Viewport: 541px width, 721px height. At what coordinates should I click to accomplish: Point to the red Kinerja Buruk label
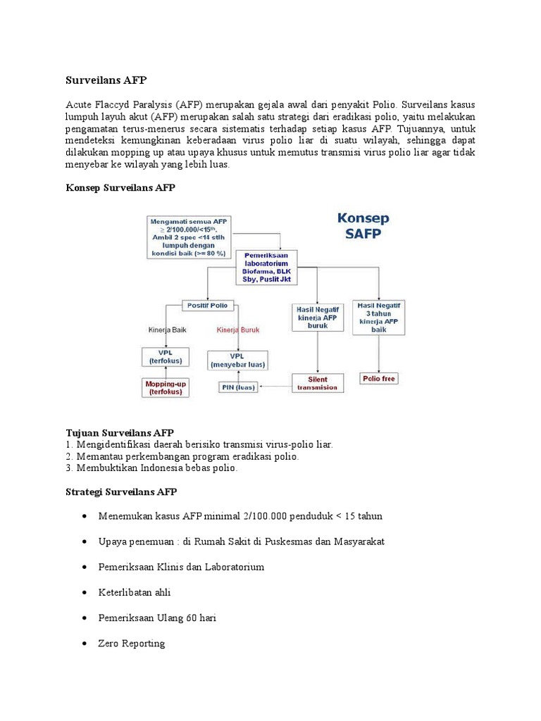(x=239, y=329)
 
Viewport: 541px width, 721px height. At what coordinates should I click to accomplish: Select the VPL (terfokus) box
(x=166, y=356)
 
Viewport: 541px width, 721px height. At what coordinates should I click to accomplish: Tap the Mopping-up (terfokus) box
(x=165, y=387)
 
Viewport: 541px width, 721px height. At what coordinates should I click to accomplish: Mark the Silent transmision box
(x=318, y=383)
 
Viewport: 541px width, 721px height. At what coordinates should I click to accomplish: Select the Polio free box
(x=379, y=378)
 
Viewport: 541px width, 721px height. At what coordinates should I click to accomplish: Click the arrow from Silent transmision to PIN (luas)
(x=275, y=385)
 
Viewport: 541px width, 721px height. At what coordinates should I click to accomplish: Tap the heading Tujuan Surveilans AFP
(x=120, y=432)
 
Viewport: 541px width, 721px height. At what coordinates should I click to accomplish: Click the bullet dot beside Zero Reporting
(x=85, y=644)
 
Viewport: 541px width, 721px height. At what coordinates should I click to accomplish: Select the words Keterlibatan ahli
(x=135, y=592)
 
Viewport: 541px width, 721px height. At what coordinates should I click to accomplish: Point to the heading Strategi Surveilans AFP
(x=121, y=491)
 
